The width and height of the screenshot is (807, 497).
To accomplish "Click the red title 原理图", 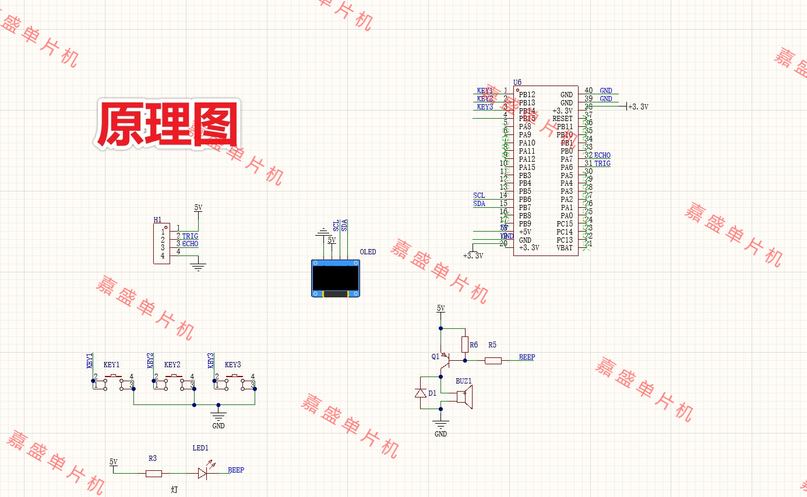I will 167,125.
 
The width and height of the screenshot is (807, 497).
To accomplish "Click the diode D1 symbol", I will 420,393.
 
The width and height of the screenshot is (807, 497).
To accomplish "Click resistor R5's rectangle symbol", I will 493,361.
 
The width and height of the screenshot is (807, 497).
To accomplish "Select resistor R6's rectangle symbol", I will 465,345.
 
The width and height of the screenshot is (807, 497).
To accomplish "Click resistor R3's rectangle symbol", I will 153,474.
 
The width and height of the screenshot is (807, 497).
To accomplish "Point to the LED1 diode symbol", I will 203,473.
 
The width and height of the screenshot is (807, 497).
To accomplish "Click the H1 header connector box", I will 162,244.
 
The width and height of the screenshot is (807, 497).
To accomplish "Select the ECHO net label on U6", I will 602,155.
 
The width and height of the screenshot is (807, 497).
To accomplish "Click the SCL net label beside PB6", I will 479,196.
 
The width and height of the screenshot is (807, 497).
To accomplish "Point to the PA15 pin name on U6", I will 527,168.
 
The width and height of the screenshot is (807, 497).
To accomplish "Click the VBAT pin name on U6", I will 565,248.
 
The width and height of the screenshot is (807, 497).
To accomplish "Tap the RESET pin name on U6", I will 562,119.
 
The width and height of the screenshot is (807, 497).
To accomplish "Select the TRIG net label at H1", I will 190,236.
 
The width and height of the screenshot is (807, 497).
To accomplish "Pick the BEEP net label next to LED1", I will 236,470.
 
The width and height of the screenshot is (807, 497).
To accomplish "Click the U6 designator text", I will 517,83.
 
